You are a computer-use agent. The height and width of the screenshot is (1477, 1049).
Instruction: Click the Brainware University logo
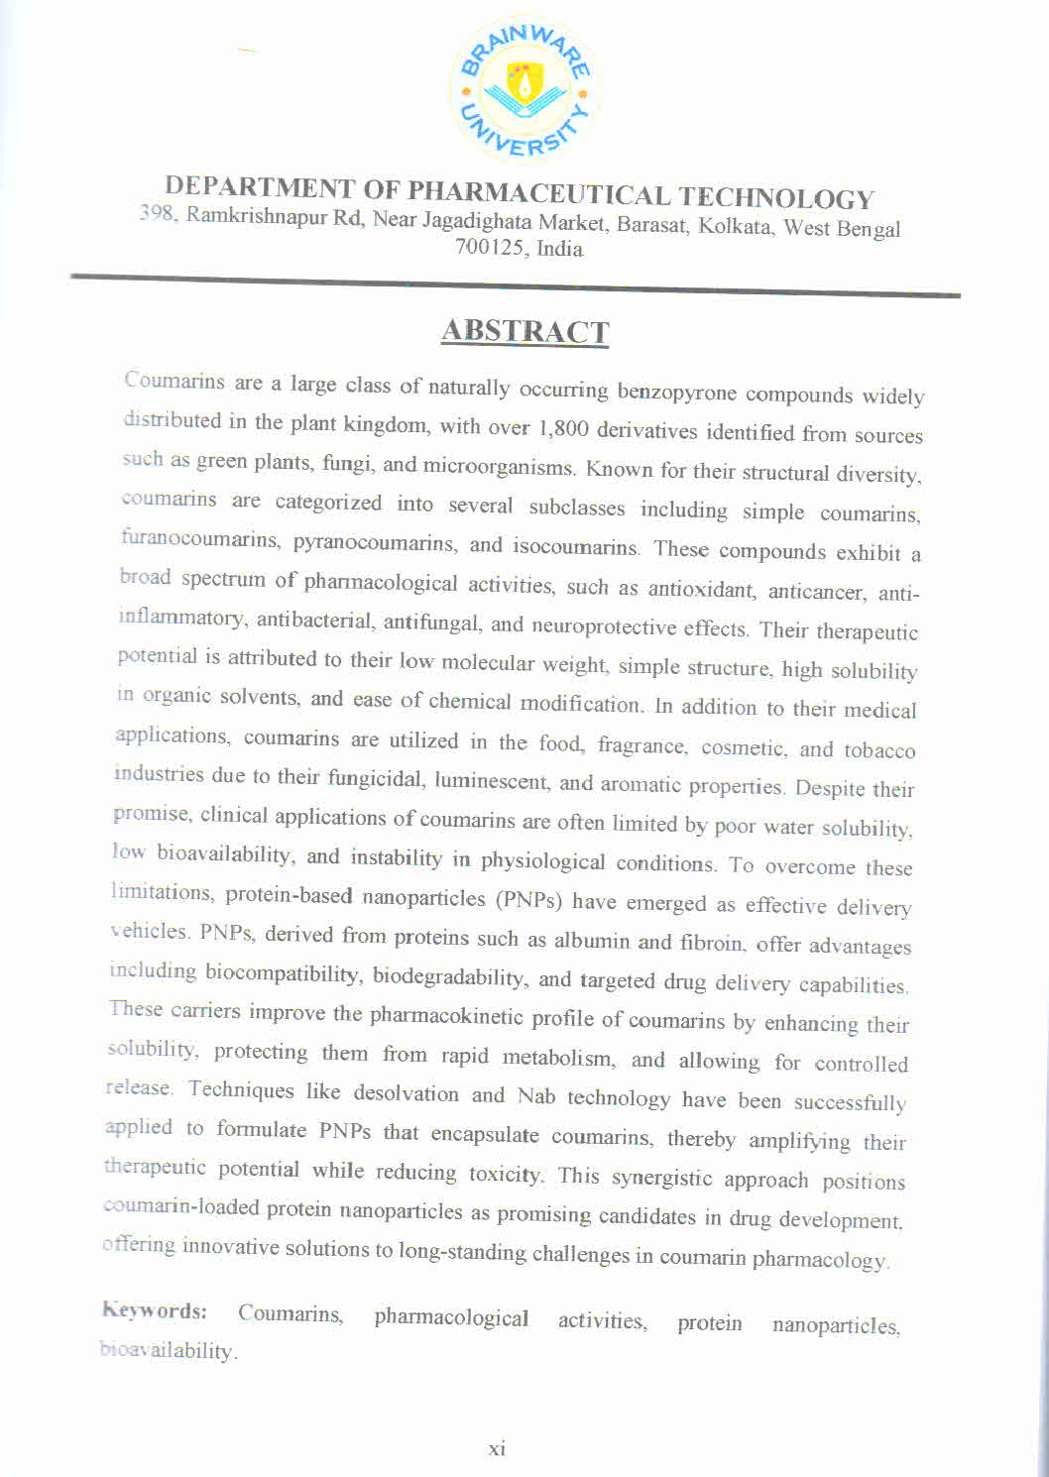coord(523,88)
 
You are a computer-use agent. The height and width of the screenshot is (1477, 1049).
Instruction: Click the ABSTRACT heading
coord(524,331)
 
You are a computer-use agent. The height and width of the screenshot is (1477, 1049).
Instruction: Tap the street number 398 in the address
coord(157,212)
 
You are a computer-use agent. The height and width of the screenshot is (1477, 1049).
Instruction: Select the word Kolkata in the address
coord(735,226)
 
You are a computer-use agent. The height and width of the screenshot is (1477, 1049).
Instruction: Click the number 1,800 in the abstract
coord(562,428)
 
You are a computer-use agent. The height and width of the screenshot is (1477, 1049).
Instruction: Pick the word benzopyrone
coord(676,392)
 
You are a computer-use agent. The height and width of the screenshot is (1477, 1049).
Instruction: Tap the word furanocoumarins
coord(200,540)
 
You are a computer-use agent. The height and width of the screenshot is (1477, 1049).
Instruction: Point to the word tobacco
coord(879,750)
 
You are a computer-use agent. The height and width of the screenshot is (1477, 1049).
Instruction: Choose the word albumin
coord(592,940)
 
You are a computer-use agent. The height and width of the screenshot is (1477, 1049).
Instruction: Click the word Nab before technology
coord(535,1095)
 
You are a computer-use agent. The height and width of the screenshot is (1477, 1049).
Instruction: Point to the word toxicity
coord(505,1174)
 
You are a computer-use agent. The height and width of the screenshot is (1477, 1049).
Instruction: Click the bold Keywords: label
coord(154,1310)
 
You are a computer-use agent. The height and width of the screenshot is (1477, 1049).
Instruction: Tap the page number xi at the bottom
coord(497,1448)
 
